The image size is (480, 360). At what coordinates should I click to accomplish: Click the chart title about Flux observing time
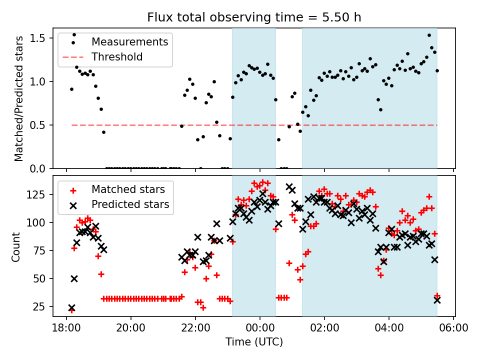(x=254, y=17)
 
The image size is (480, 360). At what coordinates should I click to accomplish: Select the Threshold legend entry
(x=117, y=57)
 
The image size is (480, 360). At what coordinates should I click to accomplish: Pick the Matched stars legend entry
(x=128, y=189)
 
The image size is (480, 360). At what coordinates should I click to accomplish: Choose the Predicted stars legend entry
(x=130, y=204)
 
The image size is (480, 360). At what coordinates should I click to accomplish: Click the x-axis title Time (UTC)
(x=254, y=342)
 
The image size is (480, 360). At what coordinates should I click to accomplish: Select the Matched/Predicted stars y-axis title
(x=18, y=98)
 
